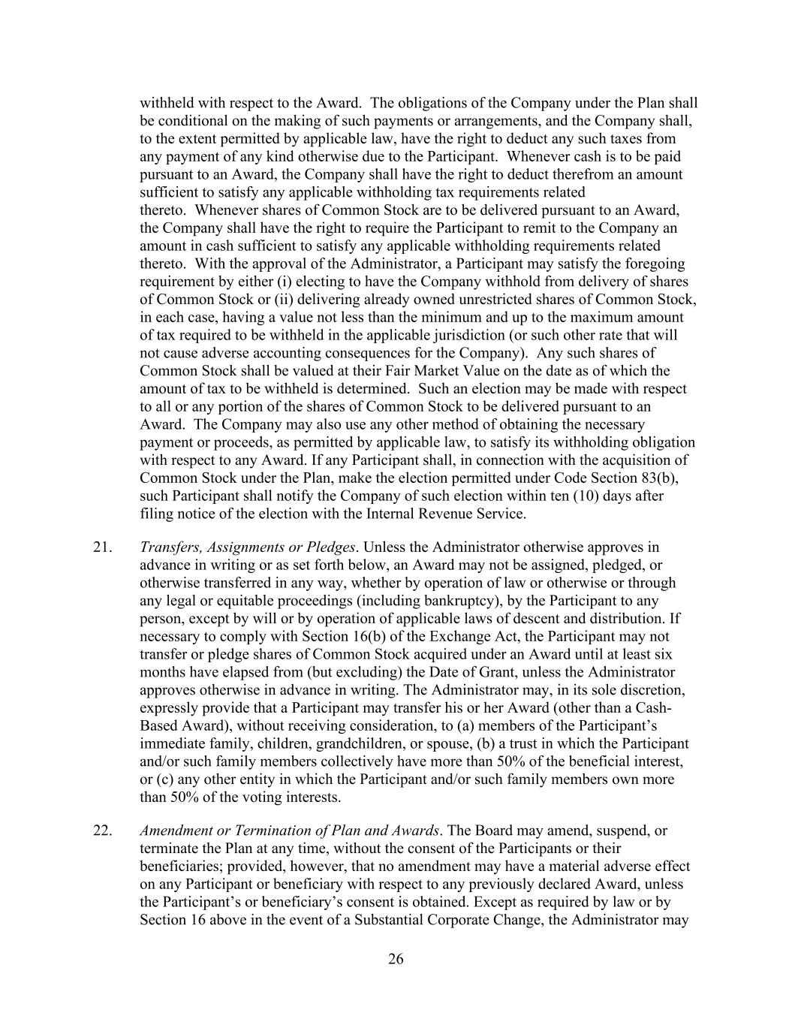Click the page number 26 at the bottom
396,959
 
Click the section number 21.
103,547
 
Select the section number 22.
103,831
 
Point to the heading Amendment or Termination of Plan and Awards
289,831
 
